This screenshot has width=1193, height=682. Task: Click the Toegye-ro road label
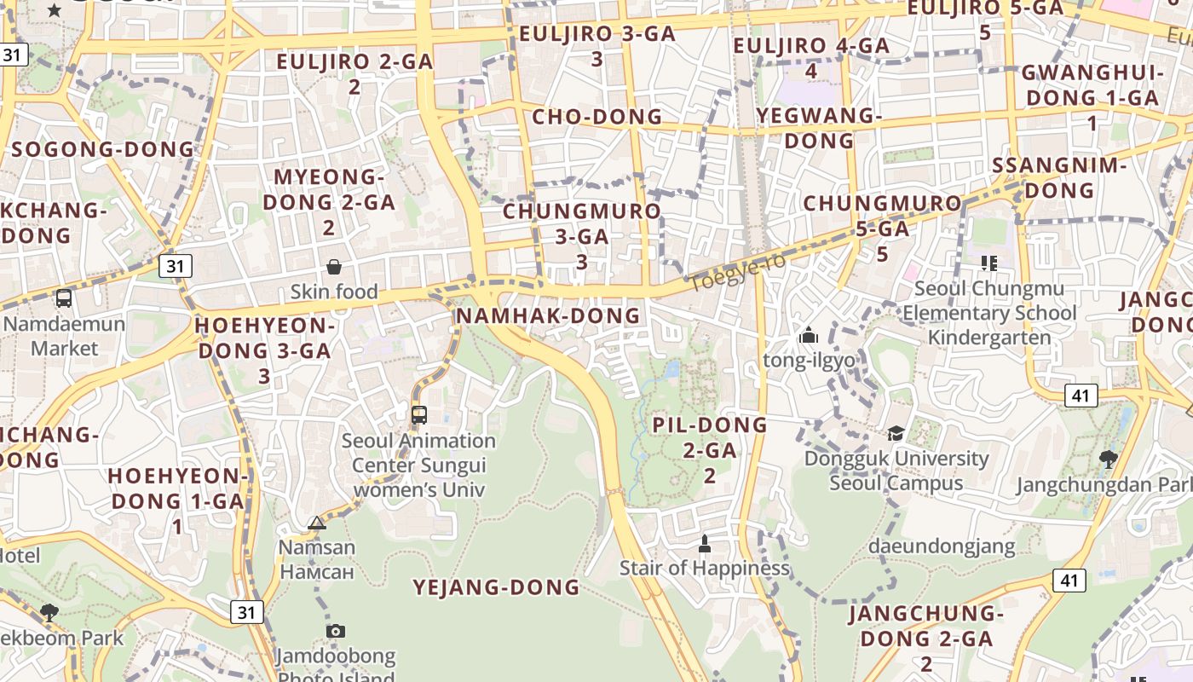click(x=737, y=271)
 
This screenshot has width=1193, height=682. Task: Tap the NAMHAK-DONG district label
click(x=548, y=315)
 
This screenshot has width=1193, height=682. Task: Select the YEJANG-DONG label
click(x=497, y=587)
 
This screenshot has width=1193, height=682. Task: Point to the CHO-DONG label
click(x=596, y=117)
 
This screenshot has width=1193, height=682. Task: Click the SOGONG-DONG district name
click(x=103, y=149)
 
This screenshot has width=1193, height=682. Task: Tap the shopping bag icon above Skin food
click(x=334, y=267)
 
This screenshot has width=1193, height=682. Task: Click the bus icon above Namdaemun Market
click(x=64, y=298)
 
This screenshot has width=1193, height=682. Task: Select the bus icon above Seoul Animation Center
click(x=418, y=415)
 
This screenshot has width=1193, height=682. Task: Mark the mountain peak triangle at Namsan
click(x=317, y=523)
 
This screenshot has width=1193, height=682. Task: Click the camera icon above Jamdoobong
click(x=336, y=631)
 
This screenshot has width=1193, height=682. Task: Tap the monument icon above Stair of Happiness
click(x=705, y=543)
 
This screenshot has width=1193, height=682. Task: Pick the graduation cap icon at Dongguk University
click(x=896, y=434)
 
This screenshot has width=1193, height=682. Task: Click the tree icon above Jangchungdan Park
click(x=1109, y=459)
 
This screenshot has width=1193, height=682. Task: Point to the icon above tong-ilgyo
click(x=809, y=335)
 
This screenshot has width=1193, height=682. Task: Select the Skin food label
click(x=334, y=292)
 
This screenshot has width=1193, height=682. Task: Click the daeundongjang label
click(x=942, y=546)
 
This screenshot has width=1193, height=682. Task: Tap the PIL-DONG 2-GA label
click(x=710, y=449)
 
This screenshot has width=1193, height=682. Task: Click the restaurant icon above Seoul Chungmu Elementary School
click(x=989, y=263)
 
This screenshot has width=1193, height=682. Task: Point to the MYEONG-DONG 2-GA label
click(x=328, y=202)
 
